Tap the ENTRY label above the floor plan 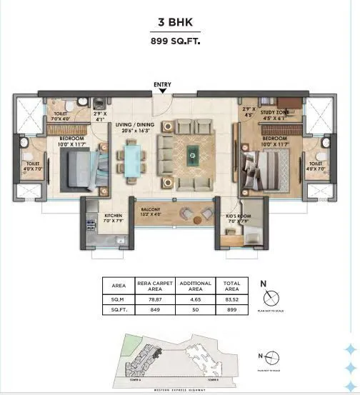coord(162,85)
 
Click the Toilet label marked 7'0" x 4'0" coord(61,116)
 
